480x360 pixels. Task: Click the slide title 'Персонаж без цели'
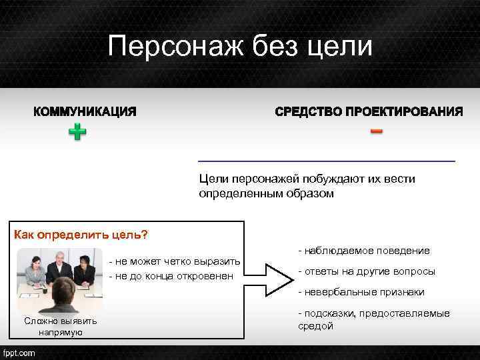pos(240,47)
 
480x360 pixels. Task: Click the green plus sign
pos(78,132)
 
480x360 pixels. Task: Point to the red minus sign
pos(377,131)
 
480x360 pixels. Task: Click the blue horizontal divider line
pos(327,161)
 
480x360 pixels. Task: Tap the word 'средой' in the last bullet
pos(315,326)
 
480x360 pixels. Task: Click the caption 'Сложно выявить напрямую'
pos(60,327)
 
